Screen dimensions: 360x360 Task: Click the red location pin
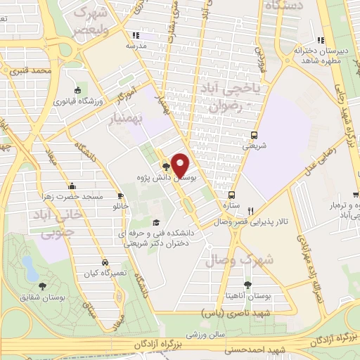pyautogui.click(x=181, y=165)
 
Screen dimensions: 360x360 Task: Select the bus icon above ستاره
pyautogui.click(x=231, y=195)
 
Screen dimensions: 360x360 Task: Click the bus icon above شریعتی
pyautogui.click(x=254, y=136)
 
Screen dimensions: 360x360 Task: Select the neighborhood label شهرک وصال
pyautogui.click(x=234, y=261)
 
